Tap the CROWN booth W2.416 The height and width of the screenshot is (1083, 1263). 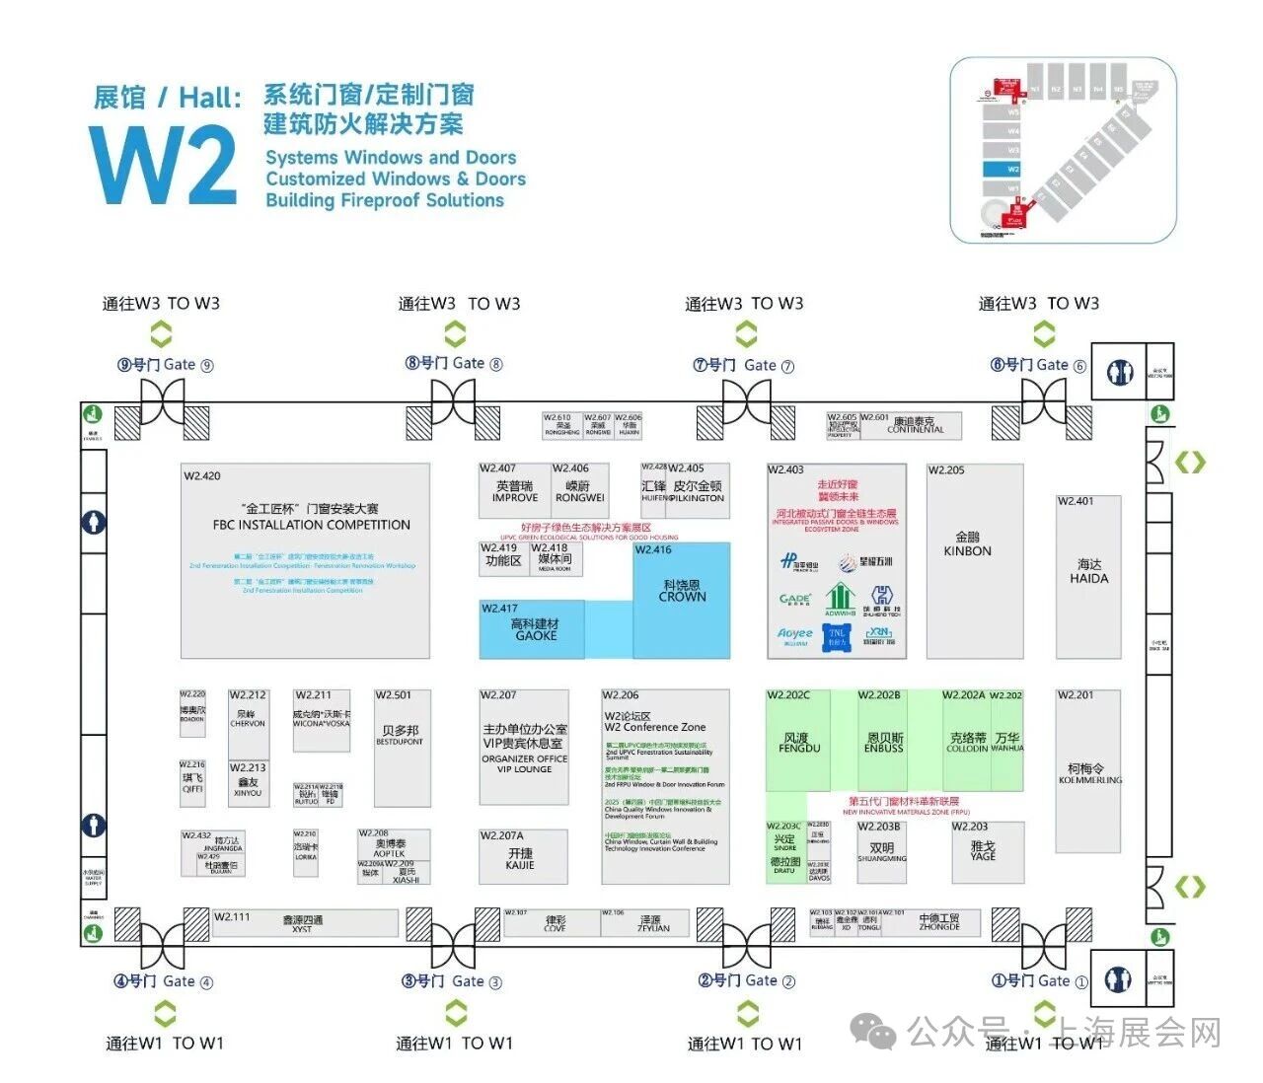[682, 592]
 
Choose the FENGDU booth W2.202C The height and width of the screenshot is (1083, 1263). [798, 742]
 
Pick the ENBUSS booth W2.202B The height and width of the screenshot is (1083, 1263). [884, 742]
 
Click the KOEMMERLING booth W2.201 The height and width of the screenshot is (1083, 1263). [1088, 771]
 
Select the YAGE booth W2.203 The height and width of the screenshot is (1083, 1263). [982, 851]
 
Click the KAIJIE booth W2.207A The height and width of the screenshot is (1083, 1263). [520, 858]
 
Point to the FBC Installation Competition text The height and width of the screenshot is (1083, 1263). [311, 525]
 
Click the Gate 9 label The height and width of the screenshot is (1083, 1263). [165, 365]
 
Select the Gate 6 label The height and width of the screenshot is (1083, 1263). [1038, 365]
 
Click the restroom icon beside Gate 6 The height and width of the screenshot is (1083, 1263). [1119, 371]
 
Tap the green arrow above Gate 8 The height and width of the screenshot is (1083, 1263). [455, 332]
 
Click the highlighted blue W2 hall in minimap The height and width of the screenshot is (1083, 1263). [1013, 169]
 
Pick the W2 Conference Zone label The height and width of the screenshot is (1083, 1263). [655, 727]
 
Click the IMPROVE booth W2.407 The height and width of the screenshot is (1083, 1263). [514, 491]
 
